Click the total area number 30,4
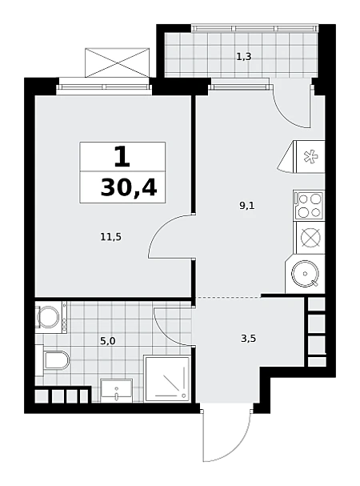coord(129,188)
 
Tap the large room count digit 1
coord(122,156)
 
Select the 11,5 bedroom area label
coord(111,237)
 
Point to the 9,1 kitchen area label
coord(247,205)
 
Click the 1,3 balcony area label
coord(243,57)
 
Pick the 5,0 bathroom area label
coord(108,341)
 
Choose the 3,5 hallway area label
coord(249,339)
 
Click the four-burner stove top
coord(309,204)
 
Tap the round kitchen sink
coord(305,274)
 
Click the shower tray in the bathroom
coord(166,379)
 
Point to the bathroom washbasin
coord(117,390)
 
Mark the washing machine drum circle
coord(48,317)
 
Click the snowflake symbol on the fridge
coord(310,156)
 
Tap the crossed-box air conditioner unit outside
coord(117,62)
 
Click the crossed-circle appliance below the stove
coord(310,238)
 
